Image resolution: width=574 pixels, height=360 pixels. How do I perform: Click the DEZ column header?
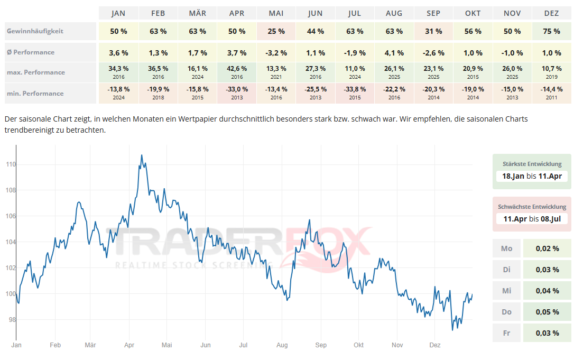551,13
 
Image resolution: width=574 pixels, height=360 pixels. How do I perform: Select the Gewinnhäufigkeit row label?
35,31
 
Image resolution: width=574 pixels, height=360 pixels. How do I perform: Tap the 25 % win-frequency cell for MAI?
276,31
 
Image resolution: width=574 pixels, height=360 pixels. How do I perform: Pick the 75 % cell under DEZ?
551,31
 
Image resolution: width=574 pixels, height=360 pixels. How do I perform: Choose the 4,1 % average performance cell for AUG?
394,53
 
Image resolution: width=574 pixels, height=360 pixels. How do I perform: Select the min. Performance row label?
35,94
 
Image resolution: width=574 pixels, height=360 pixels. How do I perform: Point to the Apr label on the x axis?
129,345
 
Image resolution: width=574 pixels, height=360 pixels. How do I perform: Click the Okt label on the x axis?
359,345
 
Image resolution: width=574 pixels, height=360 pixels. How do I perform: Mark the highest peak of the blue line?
141,155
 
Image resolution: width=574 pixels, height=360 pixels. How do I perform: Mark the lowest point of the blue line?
452,330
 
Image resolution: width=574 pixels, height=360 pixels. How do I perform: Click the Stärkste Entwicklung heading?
532,164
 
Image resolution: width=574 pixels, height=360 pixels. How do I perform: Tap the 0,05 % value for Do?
548,312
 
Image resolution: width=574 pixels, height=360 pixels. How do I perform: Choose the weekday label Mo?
506,248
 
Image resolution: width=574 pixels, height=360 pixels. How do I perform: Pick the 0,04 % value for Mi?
548,291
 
